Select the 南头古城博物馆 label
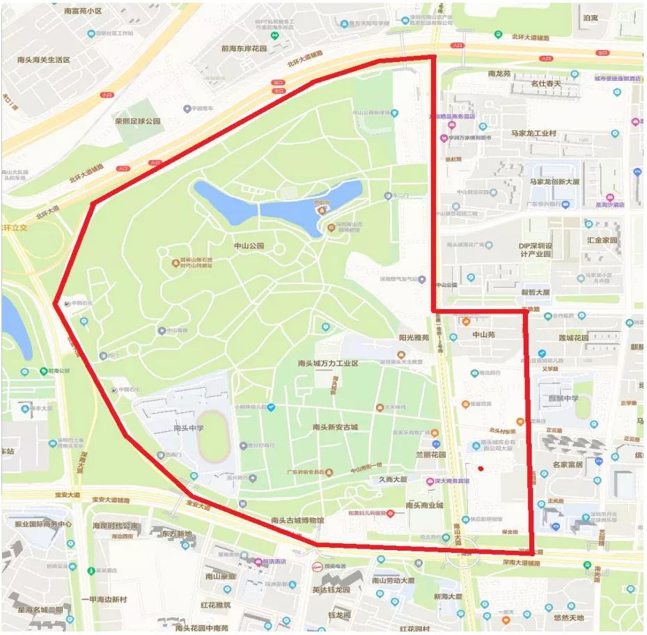pyautogui.click(x=298, y=520)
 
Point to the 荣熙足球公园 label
pyautogui.click(x=138, y=121)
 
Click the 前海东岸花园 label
pyautogui.click(x=244, y=49)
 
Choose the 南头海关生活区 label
pyautogui.click(x=44, y=61)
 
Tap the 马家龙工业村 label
pyautogui.click(x=533, y=133)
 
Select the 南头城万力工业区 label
pyautogui.click(x=327, y=363)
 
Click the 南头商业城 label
pyautogui.click(x=424, y=505)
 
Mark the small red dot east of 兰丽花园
pyautogui.click(x=481, y=469)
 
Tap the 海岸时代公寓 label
pyautogui.click(x=115, y=526)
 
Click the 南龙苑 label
pyautogui.click(x=499, y=73)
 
